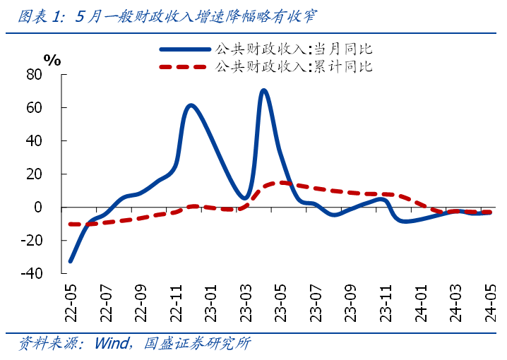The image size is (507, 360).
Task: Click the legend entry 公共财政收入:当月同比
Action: coord(292,49)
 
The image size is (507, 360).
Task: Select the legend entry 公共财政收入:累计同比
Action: coord(292,67)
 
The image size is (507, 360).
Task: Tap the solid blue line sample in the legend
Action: coord(185,49)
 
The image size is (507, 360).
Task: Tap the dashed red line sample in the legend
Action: coord(185,67)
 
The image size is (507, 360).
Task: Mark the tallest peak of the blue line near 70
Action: coord(263,90)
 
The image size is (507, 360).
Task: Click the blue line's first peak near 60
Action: coord(191,106)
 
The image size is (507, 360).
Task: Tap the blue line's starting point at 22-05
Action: coord(70,261)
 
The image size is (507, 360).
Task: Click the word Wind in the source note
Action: coord(110,344)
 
